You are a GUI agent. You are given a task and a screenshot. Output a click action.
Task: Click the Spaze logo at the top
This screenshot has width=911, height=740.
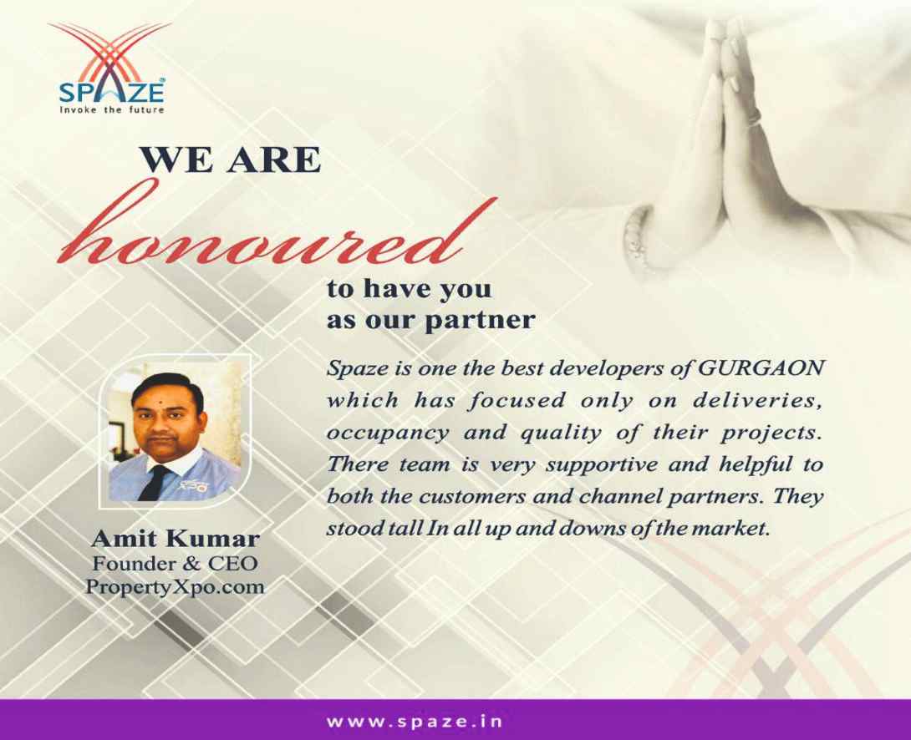point(110,68)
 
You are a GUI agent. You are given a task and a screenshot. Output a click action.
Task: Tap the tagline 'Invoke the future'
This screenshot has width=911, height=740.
point(111,109)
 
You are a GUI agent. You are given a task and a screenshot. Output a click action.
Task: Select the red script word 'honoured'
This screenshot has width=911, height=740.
point(277,231)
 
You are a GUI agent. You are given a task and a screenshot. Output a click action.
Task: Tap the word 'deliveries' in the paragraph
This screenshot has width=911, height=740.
point(756,400)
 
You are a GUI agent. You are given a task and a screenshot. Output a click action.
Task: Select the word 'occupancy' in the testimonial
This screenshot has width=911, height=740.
point(388,433)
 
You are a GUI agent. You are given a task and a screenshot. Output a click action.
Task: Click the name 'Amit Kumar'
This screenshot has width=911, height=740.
point(176,540)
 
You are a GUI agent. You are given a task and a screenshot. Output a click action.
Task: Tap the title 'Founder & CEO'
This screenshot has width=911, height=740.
point(175,564)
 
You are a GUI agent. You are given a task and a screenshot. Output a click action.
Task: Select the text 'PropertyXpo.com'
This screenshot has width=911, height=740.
point(175,587)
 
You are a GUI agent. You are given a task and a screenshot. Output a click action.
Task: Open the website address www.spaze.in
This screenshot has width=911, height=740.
point(415,722)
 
